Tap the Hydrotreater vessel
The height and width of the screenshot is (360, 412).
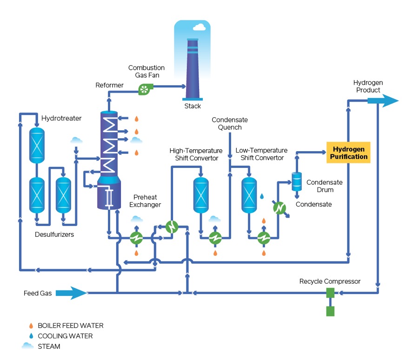coord(36,145)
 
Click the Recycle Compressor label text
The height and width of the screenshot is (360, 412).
coord(330,281)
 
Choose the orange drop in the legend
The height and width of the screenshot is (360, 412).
coord(31,326)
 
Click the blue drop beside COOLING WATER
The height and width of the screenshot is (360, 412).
coord(31,336)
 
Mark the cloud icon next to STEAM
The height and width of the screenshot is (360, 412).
coord(28,346)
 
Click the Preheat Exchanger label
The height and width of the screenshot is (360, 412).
coord(145,201)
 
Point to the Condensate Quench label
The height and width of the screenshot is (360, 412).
coord(226,124)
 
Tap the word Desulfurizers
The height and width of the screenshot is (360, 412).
coord(54,234)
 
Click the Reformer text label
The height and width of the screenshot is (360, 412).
coord(110,85)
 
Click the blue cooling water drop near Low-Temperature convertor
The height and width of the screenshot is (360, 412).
coord(261,196)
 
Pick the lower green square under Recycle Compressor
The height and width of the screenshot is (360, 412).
coord(330,311)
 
